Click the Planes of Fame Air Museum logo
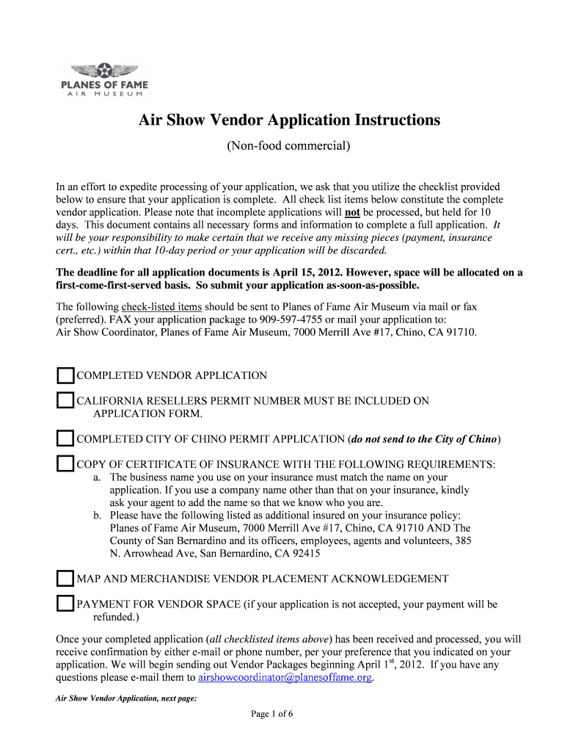(x=104, y=81)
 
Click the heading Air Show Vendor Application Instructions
(x=289, y=120)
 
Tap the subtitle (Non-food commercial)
(x=288, y=146)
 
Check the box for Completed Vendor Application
(x=66, y=376)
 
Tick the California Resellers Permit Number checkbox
(x=66, y=401)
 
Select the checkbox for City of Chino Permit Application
(x=66, y=439)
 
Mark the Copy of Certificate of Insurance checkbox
(x=66, y=464)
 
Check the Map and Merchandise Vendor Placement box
(x=66, y=578)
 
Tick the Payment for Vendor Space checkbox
(x=66, y=604)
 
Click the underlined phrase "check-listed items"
(x=161, y=307)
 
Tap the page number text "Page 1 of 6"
(x=272, y=714)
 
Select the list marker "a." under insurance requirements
(x=98, y=477)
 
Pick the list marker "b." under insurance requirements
(x=98, y=516)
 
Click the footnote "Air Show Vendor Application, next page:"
(x=126, y=698)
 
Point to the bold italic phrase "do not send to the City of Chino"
(x=425, y=439)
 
